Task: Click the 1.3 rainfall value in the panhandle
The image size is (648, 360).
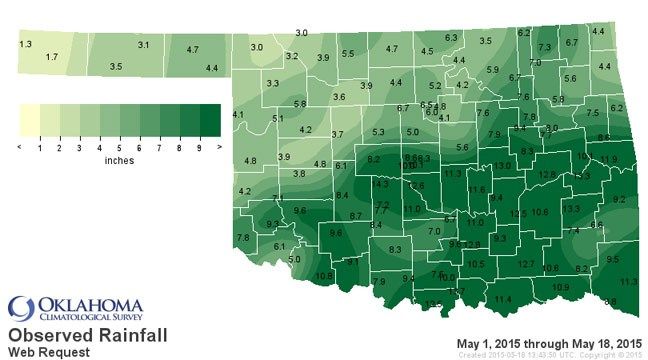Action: (x=26, y=45)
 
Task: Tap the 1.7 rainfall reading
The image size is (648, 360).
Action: (x=52, y=58)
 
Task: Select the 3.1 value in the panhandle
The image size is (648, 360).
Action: (x=143, y=45)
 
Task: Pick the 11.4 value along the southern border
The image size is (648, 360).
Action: (x=503, y=299)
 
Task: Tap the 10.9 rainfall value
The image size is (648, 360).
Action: (x=561, y=288)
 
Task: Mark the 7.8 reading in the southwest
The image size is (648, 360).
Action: (x=242, y=237)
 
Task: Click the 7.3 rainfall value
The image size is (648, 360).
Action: (x=545, y=47)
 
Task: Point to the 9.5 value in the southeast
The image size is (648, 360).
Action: (x=613, y=259)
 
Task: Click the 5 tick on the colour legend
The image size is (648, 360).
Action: (x=120, y=147)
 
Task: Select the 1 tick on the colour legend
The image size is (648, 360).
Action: (x=40, y=147)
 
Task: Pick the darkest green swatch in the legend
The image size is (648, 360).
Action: (x=210, y=120)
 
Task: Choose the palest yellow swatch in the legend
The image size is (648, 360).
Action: (x=30, y=120)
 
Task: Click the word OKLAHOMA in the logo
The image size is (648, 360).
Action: (x=90, y=302)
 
